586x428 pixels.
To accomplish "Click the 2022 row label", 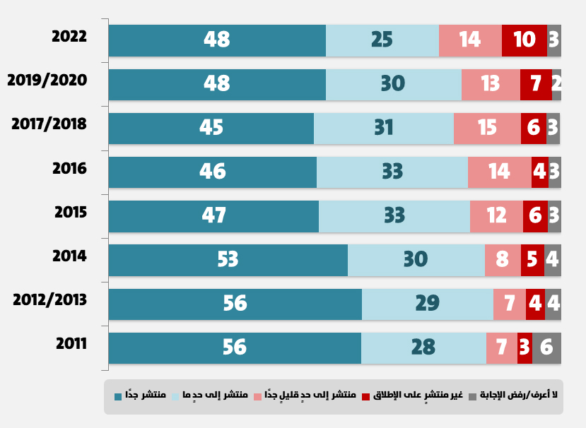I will [x=69, y=37].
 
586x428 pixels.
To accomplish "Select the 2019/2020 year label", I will [x=47, y=81].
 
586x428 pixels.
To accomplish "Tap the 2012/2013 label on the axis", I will [x=49, y=300].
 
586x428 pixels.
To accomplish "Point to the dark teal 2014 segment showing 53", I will [x=228, y=260].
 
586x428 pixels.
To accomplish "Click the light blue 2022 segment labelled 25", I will [x=382, y=40].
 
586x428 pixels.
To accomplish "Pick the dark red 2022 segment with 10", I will [x=524, y=40].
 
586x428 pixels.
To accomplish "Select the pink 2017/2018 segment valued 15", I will [x=487, y=128].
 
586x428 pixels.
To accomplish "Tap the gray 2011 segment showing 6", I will [x=546, y=347].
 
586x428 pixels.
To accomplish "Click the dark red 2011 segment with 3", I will [x=525, y=347].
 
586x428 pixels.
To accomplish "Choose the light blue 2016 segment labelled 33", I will [x=392, y=172].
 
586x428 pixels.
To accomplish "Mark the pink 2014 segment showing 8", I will [x=503, y=260].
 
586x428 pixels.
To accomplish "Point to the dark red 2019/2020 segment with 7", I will [x=535, y=84].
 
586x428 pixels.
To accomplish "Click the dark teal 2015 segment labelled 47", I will [x=213, y=216].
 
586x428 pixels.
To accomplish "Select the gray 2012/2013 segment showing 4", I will [x=553, y=304].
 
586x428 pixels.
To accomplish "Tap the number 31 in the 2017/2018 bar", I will [x=383, y=128].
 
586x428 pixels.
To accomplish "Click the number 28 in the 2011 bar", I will [x=423, y=347].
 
